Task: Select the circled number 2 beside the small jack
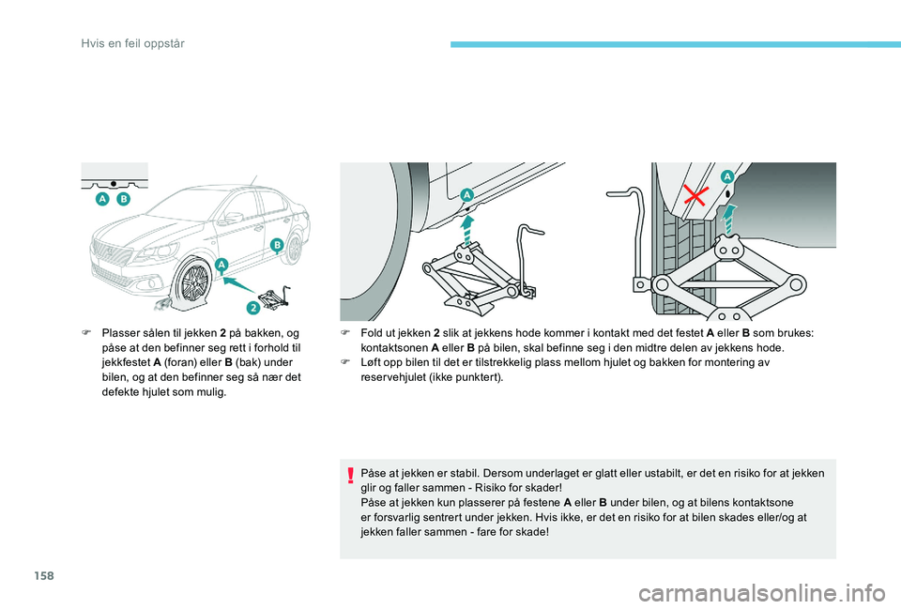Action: (253, 307)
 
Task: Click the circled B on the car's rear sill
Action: (277, 245)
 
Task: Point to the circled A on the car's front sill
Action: (221, 266)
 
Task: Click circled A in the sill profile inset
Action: (100, 200)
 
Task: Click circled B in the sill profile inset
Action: (123, 200)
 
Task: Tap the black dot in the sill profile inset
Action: (114, 182)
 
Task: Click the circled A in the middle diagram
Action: (466, 192)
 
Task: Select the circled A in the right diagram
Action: (726, 175)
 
